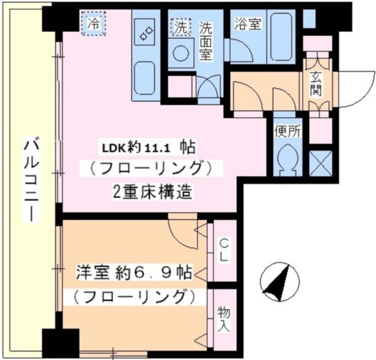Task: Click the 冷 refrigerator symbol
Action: [93, 24]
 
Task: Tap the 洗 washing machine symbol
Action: [180, 26]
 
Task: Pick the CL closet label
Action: [224, 251]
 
